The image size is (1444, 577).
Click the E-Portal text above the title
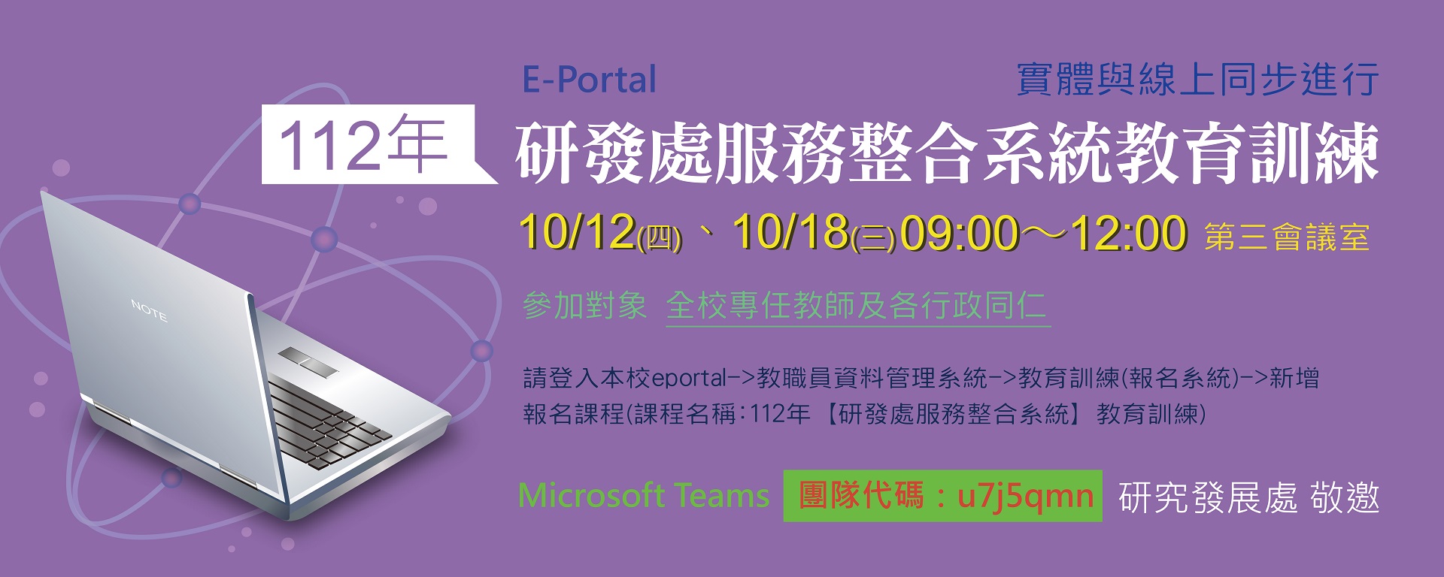[590, 80]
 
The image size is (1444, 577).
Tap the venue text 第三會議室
[1286, 237]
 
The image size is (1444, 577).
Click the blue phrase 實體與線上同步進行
[1198, 80]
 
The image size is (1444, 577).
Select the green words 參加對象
[584, 306]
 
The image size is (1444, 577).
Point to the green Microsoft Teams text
[644, 496]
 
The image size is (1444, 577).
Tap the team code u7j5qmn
[1026, 496]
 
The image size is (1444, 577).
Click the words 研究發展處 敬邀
[1249, 497]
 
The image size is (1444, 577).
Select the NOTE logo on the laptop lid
[149, 310]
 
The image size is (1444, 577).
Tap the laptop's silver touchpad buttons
[308, 361]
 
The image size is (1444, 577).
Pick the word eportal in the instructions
[690, 378]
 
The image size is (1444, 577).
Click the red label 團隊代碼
[860, 496]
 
